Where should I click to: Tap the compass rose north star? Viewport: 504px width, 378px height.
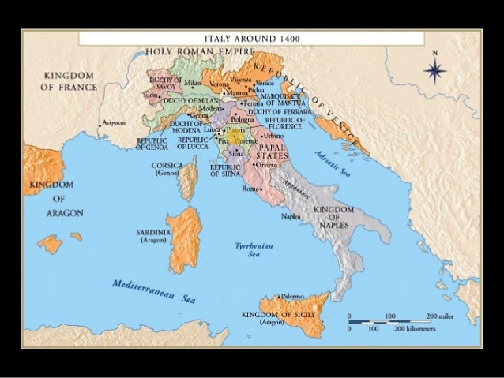[x=434, y=71]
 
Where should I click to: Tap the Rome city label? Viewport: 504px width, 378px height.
[x=250, y=189]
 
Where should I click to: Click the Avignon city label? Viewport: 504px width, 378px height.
[x=112, y=123]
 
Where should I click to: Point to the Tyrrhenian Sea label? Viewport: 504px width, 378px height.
[x=247, y=250]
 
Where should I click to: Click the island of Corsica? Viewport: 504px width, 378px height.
[x=188, y=177]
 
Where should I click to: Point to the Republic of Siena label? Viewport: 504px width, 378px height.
[x=225, y=170]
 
